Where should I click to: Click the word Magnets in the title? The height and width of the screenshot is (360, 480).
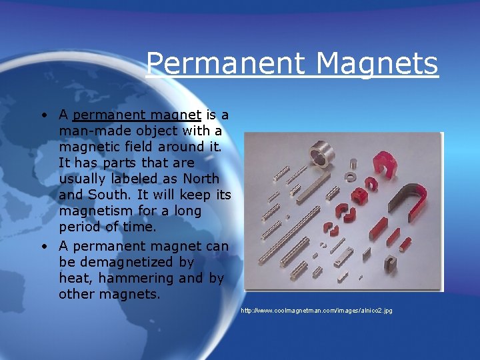[377, 64]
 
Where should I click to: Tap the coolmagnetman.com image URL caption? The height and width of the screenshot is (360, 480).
[317, 311]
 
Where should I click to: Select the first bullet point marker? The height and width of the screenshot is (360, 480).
[42, 115]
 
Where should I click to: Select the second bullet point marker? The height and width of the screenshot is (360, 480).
[42, 246]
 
